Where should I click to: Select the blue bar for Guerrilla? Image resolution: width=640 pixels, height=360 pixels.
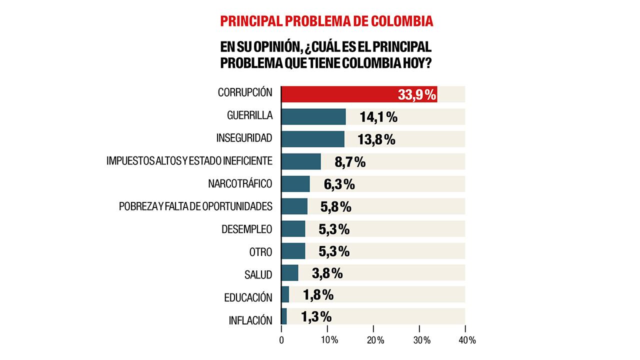(313, 116)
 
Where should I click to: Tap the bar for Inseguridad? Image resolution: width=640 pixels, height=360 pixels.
(313, 139)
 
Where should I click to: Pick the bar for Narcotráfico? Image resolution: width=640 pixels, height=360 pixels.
(295, 184)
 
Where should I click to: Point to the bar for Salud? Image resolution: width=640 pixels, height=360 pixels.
(290, 273)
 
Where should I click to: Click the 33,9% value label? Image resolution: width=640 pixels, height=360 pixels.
(417, 94)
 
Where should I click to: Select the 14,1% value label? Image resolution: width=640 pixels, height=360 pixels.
(378, 117)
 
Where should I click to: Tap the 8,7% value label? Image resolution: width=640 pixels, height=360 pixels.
(350, 162)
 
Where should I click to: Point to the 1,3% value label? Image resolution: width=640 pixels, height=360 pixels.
(316, 317)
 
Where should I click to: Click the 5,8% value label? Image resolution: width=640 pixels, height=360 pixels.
(335, 206)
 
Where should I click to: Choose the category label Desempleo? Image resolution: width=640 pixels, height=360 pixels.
(247, 229)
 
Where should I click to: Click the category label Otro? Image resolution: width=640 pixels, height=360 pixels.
(260, 251)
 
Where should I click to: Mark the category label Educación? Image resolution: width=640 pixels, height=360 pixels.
(248, 297)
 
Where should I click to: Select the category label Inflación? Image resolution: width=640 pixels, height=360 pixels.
(250, 320)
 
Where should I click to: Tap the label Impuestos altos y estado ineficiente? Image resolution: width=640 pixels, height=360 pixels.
(189, 161)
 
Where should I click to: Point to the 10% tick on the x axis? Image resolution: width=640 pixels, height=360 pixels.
(328, 340)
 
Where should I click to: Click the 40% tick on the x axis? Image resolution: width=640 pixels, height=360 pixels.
(465, 340)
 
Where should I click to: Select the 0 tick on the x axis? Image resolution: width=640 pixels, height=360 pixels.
(281, 340)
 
